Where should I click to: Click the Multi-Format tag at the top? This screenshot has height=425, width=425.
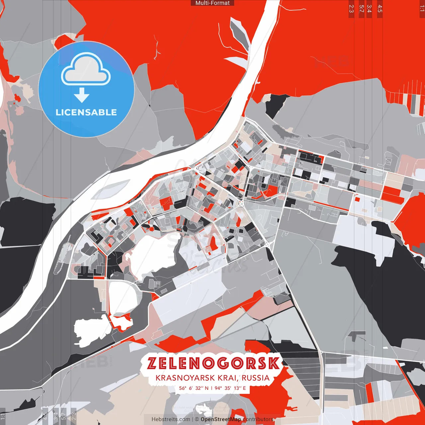click(212, 3)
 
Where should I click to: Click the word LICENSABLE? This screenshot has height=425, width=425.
click(86, 112)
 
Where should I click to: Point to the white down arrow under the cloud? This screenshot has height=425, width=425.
click(82, 95)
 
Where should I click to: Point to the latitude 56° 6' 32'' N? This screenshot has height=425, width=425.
click(194, 388)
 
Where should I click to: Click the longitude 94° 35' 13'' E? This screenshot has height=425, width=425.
click(230, 388)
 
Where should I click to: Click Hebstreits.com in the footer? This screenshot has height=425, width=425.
click(171, 419)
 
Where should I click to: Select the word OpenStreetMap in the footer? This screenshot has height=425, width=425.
click(221, 419)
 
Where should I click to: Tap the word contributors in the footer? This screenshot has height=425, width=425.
click(258, 419)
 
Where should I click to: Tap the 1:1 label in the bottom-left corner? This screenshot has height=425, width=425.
click(3, 417)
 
